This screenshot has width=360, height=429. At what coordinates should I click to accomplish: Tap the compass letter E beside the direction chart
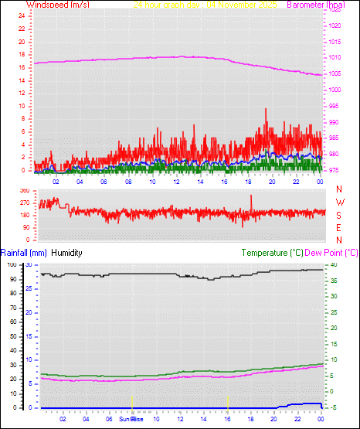[339, 228]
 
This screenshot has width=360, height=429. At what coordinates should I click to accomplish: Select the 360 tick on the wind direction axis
[22, 190]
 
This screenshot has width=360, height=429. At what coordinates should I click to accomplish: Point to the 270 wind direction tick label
[22, 203]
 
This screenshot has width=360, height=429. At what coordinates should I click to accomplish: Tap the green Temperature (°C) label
[272, 253]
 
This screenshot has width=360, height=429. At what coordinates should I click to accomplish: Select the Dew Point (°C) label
[332, 253]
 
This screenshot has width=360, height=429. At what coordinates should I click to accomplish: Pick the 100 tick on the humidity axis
[11, 264]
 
